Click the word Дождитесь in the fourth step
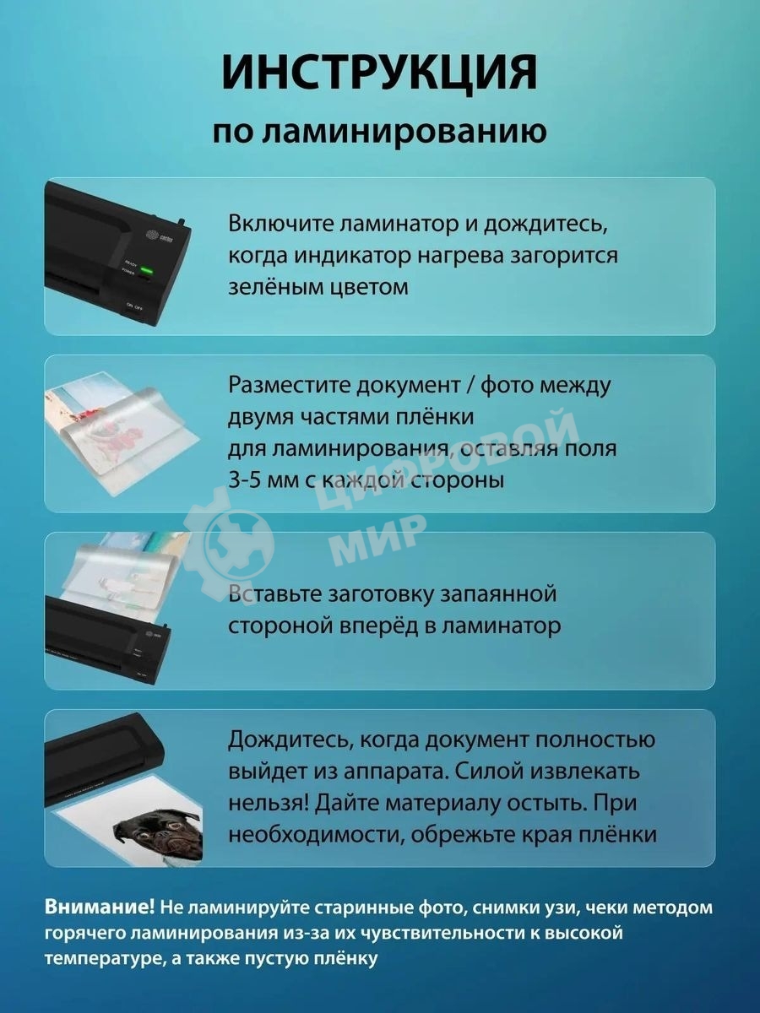287,740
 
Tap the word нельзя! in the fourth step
267,804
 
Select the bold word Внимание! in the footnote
100,907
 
